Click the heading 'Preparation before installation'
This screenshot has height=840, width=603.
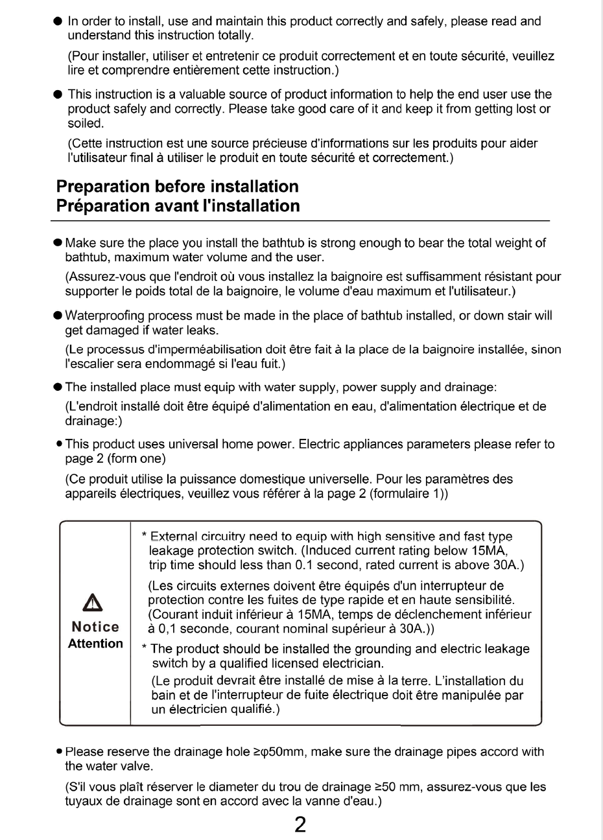click(178, 187)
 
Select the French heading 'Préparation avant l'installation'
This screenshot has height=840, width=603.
click(178, 206)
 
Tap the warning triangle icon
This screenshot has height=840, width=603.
click(95, 605)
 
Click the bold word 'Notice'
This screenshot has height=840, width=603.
click(95, 627)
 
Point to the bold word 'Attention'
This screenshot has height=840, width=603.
click(95, 644)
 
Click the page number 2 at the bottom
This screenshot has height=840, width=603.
click(300, 824)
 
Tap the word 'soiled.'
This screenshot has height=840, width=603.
click(85, 123)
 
